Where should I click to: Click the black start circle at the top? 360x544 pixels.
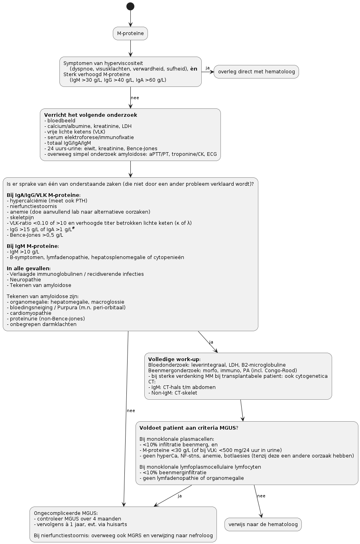pos(130,6)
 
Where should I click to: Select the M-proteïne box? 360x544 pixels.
pos(130,33)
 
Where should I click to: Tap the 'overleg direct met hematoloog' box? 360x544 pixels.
pos(256,72)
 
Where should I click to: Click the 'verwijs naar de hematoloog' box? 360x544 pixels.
pos(263,524)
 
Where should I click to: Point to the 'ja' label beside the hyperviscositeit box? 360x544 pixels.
pos(207,68)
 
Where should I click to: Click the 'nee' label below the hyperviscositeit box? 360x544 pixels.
pos(135,98)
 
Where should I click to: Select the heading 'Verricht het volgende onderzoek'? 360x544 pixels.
pos(90,115)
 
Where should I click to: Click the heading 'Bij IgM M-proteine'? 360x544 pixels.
pos(32,246)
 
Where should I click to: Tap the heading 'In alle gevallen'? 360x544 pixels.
pos(28,268)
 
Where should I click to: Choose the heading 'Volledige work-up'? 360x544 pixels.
pos(174,359)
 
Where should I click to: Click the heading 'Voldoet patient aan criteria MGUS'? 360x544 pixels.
pos(187,428)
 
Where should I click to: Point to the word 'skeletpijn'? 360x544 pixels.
pos(22,218)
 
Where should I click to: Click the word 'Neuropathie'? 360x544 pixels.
pos(25,280)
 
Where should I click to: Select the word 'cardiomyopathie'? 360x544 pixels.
pos(31,313)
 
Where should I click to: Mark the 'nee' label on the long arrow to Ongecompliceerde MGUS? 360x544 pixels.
pos(131,410)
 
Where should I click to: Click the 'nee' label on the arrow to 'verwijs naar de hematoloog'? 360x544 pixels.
pos(261,496)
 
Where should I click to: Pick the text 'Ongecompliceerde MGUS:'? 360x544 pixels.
pos(66,513)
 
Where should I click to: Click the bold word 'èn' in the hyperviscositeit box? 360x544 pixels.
pos(194,69)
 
